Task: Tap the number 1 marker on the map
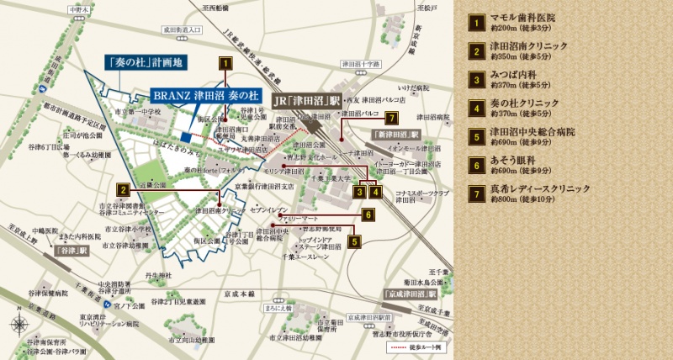(225, 61)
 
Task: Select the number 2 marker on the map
(123, 189)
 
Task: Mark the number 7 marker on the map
(389, 118)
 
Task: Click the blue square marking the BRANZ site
(185, 139)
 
